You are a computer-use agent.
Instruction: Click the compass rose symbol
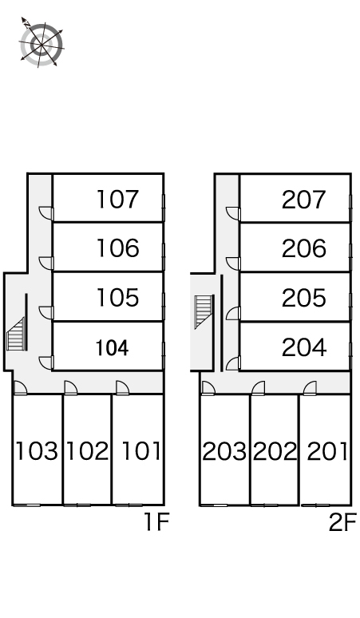[42, 42]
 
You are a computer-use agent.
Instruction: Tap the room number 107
[118, 199]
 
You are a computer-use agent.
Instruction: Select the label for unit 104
[113, 348]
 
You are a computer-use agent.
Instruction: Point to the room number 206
[303, 248]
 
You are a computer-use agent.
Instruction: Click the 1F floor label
[156, 522]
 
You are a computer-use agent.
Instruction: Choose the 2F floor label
[342, 522]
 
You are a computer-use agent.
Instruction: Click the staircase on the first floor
[16, 334]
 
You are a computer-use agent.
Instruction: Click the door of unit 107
[46, 213]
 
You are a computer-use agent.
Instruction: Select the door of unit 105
[46, 312]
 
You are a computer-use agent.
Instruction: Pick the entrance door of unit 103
[20, 388]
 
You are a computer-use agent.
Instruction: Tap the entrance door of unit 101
[122, 388]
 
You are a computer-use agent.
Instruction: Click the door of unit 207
[234, 213]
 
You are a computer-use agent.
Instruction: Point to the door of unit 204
[233, 363]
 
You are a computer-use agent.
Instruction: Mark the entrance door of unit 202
[259, 388]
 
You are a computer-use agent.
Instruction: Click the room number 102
[87, 451]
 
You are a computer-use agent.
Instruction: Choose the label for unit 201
[327, 451]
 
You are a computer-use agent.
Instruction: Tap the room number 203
[224, 451]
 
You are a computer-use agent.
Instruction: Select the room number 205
[303, 298]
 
